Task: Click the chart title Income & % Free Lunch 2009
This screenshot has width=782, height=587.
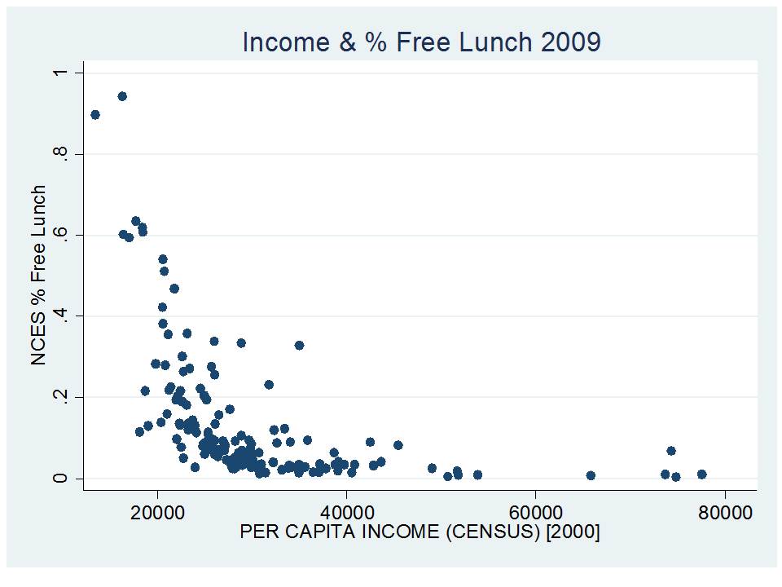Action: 421,42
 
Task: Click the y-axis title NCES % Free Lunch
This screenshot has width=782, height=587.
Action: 39,276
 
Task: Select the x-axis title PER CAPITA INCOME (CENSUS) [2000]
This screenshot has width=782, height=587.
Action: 420,532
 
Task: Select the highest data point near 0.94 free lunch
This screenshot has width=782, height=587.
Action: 122,96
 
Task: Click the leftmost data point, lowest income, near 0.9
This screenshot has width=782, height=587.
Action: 95,115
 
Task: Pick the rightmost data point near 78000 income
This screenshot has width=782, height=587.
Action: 701,474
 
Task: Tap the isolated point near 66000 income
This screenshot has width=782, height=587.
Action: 591,475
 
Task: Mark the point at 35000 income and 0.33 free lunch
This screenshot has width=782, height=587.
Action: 299,345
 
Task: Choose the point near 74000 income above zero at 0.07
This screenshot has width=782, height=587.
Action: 671,450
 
